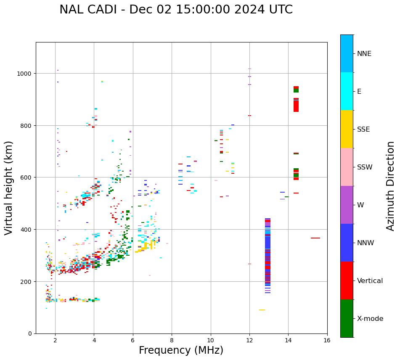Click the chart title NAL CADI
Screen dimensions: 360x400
(x=176, y=10)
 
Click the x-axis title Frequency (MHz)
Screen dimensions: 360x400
(x=181, y=350)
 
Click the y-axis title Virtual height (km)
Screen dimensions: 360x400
(x=9, y=188)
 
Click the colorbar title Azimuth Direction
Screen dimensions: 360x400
(x=391, y=186)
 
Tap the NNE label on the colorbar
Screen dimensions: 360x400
(x=364, y=54)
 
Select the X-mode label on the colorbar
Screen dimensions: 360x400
(x=370, y=319)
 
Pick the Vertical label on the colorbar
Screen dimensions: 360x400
(x=370, y=281)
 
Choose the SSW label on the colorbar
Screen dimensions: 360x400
(x=365, y=167)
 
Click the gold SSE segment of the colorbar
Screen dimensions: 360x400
(x=347, y=129)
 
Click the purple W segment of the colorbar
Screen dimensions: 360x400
(x=347, y=205)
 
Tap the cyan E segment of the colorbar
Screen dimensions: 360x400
(x=347, y=91)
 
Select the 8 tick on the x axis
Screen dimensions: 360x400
(x=172, y=340)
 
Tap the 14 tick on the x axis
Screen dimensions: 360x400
(x=288, y=340)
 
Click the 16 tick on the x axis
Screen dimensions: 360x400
(x=327, y=340)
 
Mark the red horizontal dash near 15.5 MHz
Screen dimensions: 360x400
(x=315, y=238)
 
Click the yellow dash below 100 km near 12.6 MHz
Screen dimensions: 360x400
(x=262, y=310)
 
